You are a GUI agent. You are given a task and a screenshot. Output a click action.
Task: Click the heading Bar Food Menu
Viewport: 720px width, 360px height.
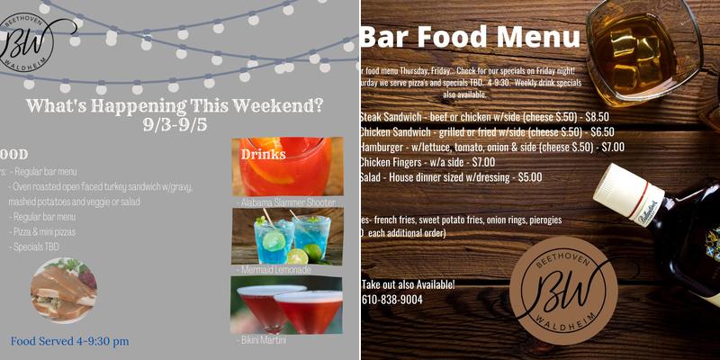(471, 38)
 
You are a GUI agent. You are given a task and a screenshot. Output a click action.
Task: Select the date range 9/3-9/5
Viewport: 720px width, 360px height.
(175, 124)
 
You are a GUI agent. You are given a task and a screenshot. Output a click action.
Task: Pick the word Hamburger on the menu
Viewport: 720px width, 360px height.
(386, 147)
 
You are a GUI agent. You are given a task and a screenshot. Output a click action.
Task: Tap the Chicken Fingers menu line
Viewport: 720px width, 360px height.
(427, 162)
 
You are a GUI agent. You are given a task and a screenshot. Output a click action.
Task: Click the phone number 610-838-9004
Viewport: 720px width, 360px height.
(391, 300)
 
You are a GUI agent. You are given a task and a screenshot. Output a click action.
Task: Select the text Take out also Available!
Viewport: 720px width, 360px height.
(408, 284)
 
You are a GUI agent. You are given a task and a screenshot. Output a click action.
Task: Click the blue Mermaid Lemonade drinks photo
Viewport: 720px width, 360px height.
(287, 237)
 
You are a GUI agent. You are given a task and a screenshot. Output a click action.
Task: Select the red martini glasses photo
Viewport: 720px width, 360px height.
(287, 305)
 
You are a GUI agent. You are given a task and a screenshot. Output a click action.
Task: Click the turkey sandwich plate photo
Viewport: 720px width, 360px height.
(63, 290)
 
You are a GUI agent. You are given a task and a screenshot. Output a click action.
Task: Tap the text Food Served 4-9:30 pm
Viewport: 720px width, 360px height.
(69, 341)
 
